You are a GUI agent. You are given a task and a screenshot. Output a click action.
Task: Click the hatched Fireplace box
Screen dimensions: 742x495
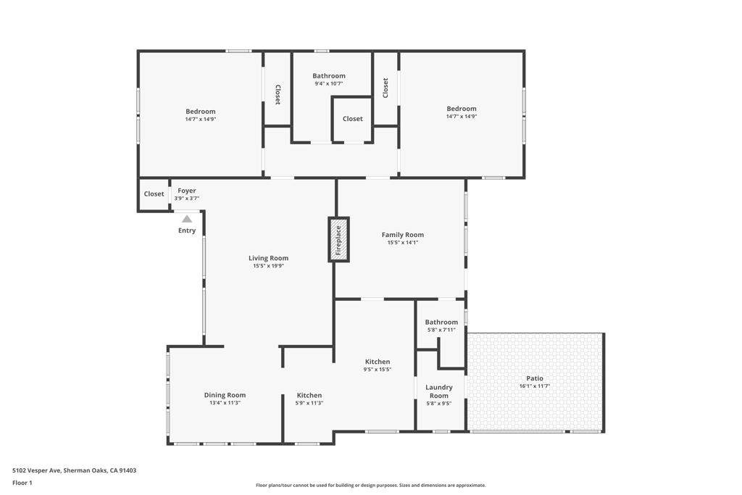pos(339,239)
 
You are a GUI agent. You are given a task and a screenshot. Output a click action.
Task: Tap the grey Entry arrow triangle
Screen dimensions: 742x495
pos(187,219)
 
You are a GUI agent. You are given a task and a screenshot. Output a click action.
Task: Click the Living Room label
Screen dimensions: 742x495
pos(268,258)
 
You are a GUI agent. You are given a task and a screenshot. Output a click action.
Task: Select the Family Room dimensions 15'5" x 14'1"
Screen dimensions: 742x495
pos(403,242)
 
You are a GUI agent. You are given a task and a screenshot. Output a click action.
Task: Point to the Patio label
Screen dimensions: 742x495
pos(535,378)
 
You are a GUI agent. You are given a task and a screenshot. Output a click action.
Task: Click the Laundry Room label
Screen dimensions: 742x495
pos(439,391)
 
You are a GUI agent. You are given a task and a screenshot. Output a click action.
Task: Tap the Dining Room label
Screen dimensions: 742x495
pos(225,395)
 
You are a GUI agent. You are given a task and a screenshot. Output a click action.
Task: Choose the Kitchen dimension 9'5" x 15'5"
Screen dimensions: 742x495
pos(378,370)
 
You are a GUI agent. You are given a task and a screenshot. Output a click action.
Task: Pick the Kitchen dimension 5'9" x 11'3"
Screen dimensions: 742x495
pos(309,403)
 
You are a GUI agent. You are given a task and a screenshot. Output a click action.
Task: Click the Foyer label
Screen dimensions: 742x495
pos(187,191)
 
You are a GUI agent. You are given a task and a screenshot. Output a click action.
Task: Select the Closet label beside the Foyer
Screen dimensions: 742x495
pos(154,194)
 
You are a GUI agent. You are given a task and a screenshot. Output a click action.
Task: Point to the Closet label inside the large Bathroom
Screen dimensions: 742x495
pos(353,119)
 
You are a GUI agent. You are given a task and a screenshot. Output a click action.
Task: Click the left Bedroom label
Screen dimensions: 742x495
pos(201,112)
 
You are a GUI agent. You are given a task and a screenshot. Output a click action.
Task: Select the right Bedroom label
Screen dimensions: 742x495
pos(462,109)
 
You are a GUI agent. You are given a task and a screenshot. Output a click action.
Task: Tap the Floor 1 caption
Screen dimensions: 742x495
pos(22,483)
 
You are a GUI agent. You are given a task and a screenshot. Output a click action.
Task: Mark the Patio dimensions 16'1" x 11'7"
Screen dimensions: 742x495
pos(535,386)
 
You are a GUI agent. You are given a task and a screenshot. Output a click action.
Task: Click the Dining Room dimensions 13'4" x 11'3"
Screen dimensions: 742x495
pos(225,403)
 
